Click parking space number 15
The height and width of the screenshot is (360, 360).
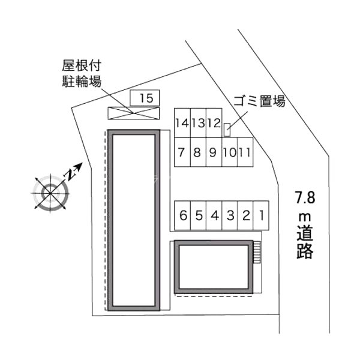pyautogui.click(x=145, y=98)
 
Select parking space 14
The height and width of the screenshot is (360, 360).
pyautogui.click(x=182, y=123)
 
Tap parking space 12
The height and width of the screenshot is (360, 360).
pyautogui.click(x=214, y=123)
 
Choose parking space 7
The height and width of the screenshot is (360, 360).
pyautogui.click(x=182, y=152)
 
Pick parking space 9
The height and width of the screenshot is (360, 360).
pyautogui.click(x=214, y=152)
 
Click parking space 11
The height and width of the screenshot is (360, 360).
pyautogui.click(x=245, y=152)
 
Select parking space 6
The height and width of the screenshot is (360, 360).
pyautogui.click(x=182, y=215)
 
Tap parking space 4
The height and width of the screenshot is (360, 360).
pyautogui.click(x=214, y=215)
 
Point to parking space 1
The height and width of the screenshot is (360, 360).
pyautogui.click(x=261, y=215)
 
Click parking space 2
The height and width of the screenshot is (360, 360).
pyautogui.click(x=245, y=215)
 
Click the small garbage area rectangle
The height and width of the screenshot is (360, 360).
pyautogui.click(x=227, y=130)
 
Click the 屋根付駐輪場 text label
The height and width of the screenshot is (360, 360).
pyautogui.click(x=82, y=74)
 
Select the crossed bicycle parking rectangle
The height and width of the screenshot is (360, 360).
pyautogui.click(x=134, y=113)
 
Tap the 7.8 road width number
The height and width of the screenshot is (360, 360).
pyautogui.click(x=305, y=197)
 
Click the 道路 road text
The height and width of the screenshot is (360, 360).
pyautogui.click(x=305, y=242)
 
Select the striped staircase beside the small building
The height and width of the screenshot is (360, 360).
pyautogui.click(x=257, y=252)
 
